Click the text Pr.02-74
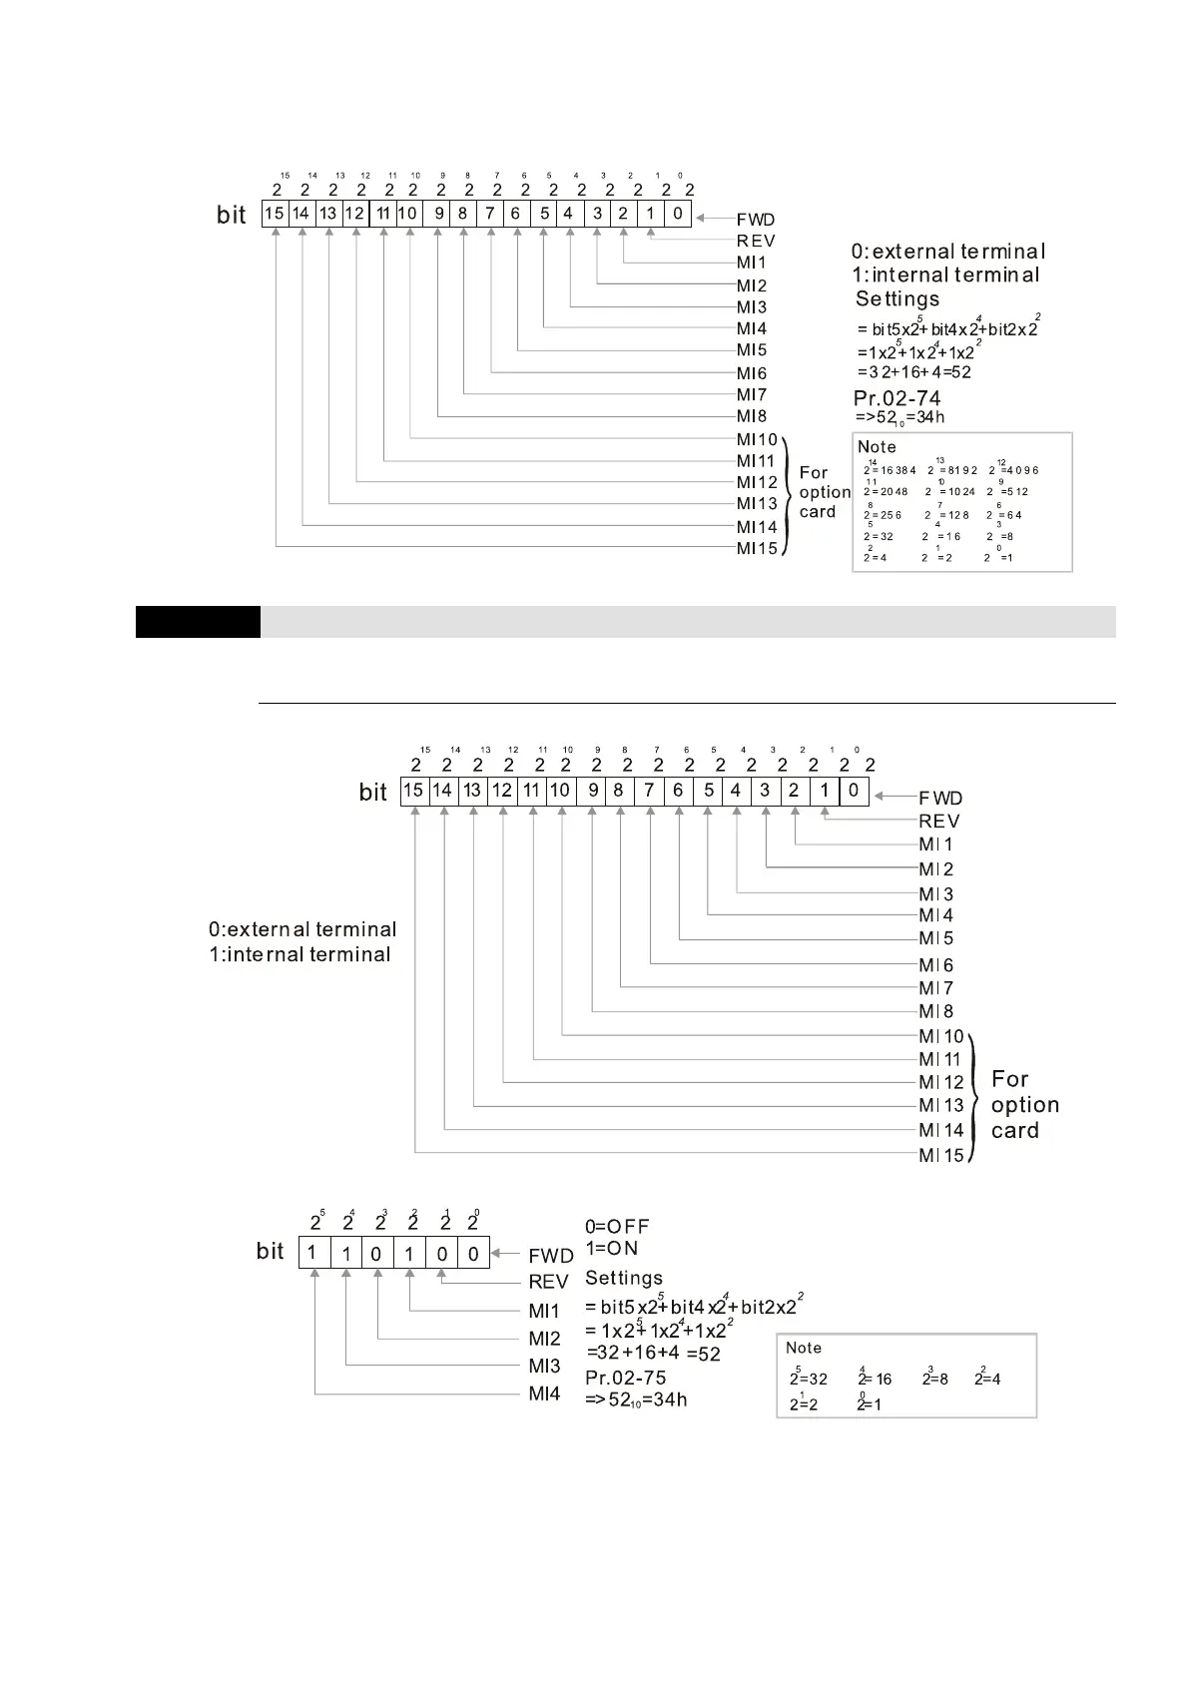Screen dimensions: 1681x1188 tap(896, 398)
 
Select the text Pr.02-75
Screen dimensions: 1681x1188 tap(625, 1378)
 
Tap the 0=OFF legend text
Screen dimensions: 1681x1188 tap(616, 1226)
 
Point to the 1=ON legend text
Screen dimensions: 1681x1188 tap(611, 1248)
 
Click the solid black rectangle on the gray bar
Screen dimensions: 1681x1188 tap(198, 621)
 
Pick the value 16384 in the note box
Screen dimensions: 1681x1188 tap(891, 470)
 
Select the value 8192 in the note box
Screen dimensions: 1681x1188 tap(953, 470)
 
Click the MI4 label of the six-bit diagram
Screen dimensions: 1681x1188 tap(544, 1394)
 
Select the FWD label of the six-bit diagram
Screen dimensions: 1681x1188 tap(550, 1256)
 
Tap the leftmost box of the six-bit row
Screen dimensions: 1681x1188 tap(313, 1253)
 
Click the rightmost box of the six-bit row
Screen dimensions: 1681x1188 tap(473, 1253)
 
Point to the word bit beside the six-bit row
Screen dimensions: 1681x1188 tap(270, 1251)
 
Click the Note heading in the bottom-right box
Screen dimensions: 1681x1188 tap(804, 1348)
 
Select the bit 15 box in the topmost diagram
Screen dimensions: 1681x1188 tap(275, 214)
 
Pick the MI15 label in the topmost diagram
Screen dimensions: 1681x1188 tap(757, 548)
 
